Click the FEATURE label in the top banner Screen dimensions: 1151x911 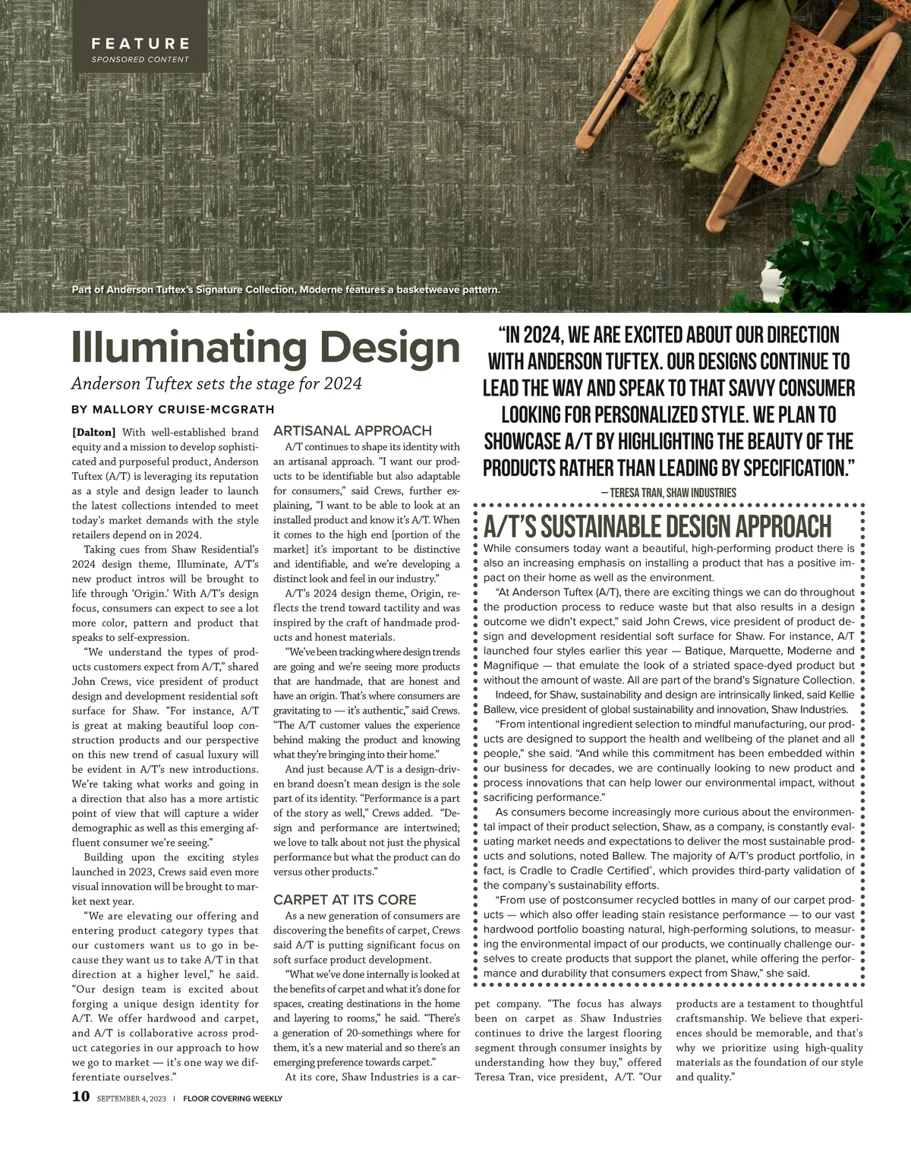tap(140, 44)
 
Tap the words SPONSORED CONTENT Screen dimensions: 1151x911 tap(140, 59)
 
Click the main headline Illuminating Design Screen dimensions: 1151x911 tap(266, 347)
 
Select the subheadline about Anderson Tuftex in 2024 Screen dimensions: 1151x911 tap(216, 383)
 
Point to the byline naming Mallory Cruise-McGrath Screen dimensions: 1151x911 tap(173, 410)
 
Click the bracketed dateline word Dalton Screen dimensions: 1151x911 tap(94, 433)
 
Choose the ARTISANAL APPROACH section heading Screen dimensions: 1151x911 tap(352, 430)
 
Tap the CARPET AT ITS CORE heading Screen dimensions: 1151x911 tap(345, 900)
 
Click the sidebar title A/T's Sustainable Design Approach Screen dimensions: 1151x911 tap(657, 525)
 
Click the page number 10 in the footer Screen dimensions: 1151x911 tap(80, 1097)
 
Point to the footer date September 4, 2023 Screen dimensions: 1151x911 tap(131, 1099)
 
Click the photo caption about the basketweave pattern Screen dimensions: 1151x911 tap(285, 289)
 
